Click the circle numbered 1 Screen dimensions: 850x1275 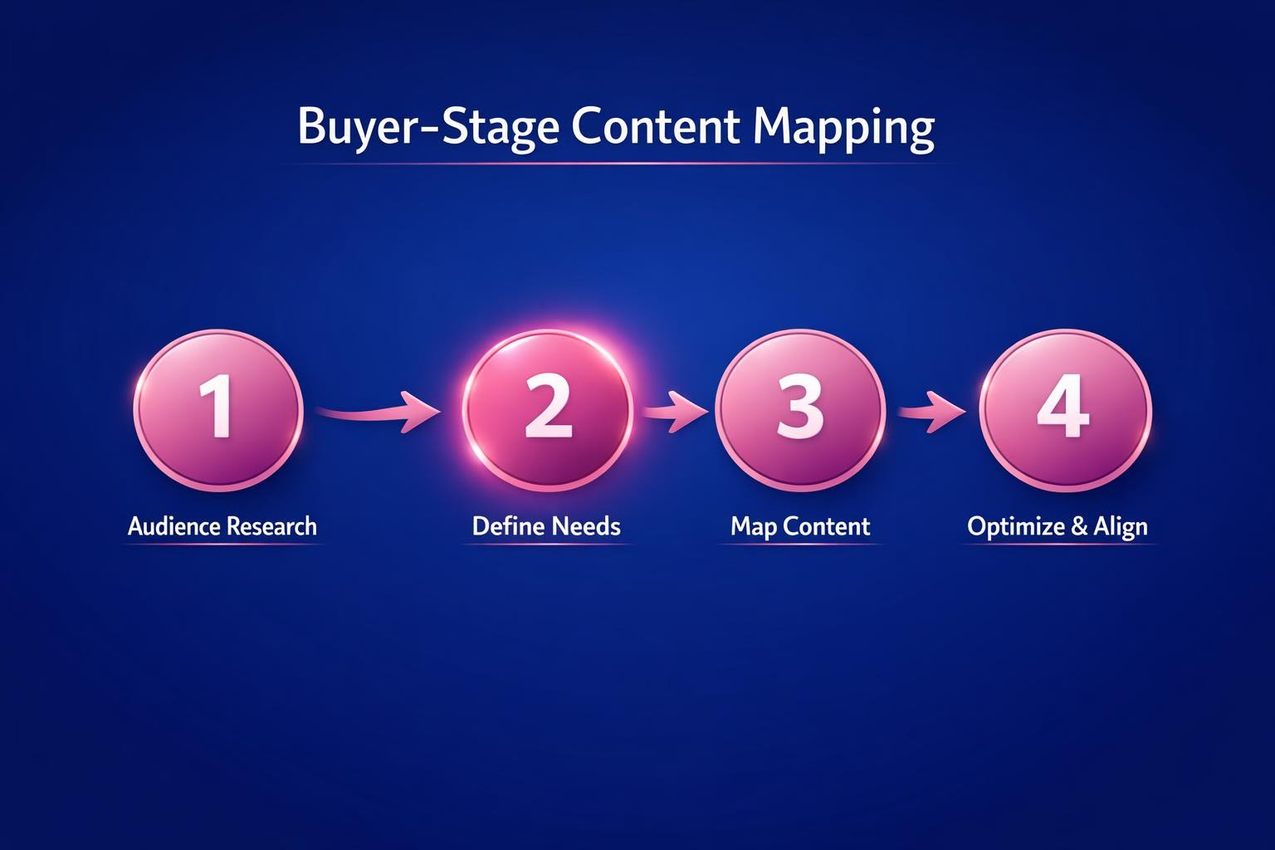(218, 410)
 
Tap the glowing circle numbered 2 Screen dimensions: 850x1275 (547, 410)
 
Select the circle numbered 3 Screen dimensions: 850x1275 (799, 410)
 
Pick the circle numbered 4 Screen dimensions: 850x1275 (1065, 410)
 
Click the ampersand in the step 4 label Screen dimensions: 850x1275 (1079, 526)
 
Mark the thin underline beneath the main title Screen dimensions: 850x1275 (614, 164)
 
